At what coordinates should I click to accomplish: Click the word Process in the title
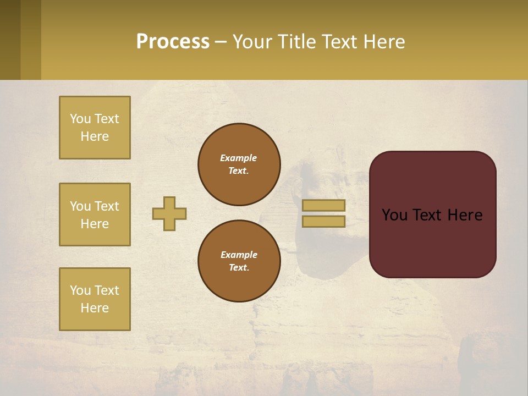coord(173,42)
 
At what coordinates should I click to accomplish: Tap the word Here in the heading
coord(383,42)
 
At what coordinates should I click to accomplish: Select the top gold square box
coord(95,128)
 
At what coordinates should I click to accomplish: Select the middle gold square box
coord(95,215)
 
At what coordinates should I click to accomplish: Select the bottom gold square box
coord(95,299)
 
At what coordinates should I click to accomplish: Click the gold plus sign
coord(169,213)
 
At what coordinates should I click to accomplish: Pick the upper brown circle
coord(239,164)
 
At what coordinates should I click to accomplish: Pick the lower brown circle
coord(239,261)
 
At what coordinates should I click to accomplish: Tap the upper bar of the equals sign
coord(323,206)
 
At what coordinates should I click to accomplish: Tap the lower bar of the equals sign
coord(323,221)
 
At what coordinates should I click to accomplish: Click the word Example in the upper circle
coord(238,158)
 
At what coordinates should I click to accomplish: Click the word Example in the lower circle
coord(239,255)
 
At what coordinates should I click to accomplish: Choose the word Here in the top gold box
coord(95,136)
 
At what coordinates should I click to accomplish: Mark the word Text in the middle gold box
coord(106,206)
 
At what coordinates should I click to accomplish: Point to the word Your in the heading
coord(252,42)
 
